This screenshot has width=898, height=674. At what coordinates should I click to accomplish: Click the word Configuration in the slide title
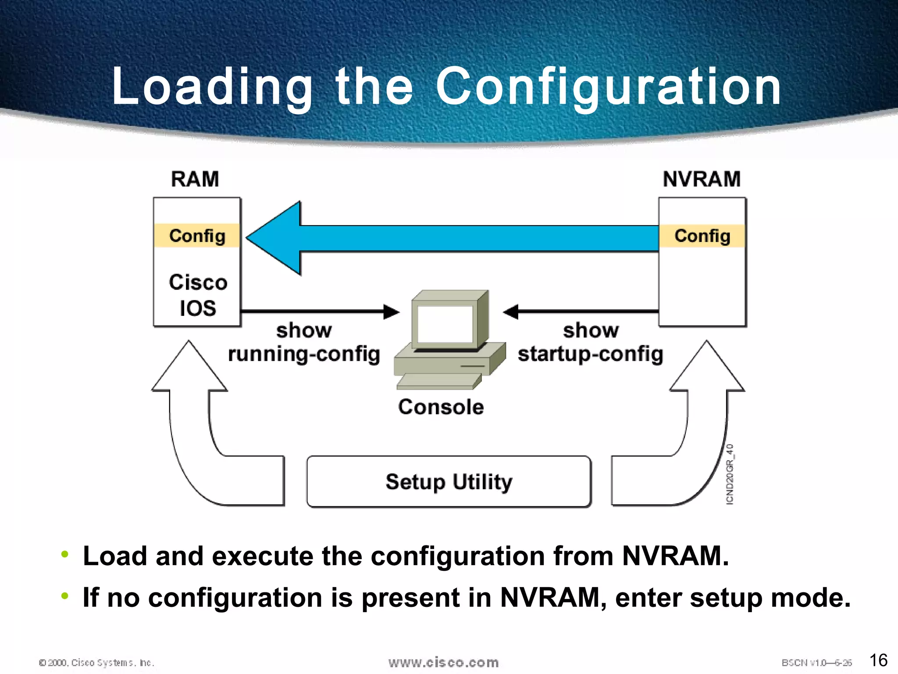point(608,86)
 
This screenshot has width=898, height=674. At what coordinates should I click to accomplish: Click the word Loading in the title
point(212,86)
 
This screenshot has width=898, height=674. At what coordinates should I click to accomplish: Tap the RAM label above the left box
point(195,179)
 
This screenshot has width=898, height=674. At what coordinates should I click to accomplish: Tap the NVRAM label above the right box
point(702,179)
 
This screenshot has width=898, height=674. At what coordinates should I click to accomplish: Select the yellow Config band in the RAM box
point(197,236)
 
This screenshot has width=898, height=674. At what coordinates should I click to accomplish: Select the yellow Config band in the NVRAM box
point(702,236)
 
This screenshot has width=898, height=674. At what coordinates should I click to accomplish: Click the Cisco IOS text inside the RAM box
point(198,295)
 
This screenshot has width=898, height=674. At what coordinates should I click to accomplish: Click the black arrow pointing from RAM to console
point(320,312)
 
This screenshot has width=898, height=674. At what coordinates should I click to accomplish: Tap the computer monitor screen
point(445,324)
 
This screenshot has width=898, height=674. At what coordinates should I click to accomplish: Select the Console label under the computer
point(441,407)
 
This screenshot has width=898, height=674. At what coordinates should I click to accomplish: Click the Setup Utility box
point(449,482)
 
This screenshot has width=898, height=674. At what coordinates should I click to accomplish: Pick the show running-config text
point(304,342)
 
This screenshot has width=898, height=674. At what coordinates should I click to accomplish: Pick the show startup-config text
point(590,342)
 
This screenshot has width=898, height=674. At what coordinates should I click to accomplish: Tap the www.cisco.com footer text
point(443,663)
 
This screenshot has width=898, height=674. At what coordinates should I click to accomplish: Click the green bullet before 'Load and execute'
point(65,554)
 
